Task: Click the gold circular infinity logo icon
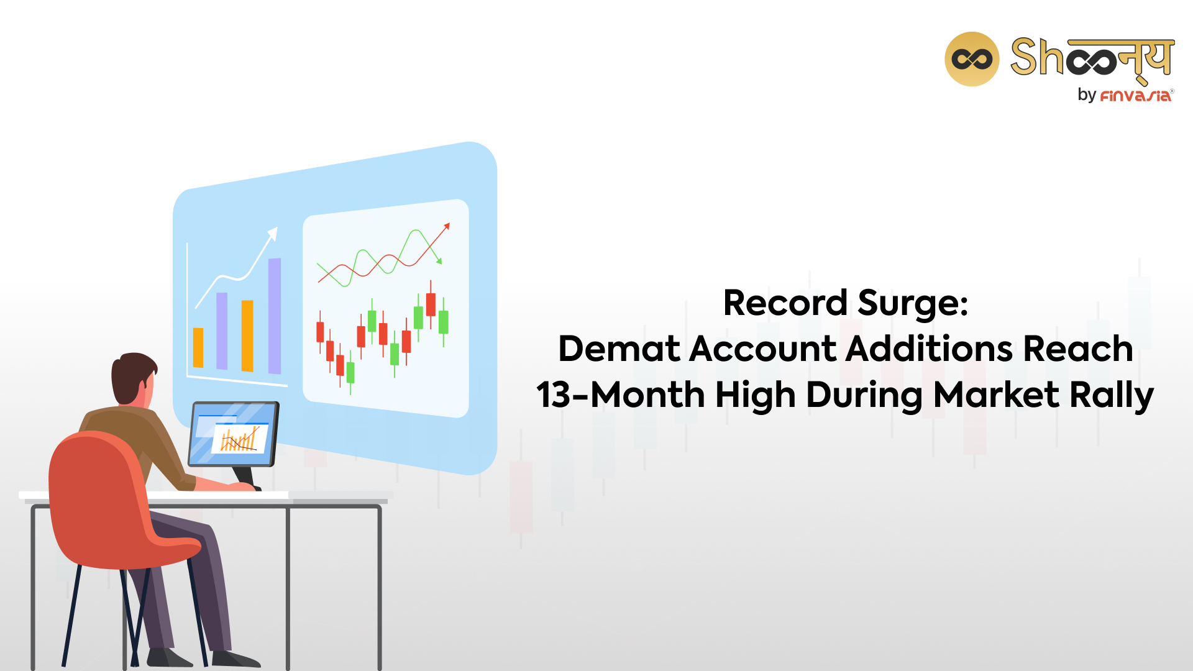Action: pos(972,59)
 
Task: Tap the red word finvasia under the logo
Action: pos(1135,96)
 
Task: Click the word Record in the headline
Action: pos(785,303)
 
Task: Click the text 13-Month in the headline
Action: pos(621,395)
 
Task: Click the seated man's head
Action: pos(133,380)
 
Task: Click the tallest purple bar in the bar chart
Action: pos(275,316)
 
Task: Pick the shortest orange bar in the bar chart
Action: pos(198,347)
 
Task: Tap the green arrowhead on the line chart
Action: pos(439,261)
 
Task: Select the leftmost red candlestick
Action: pos(320,332)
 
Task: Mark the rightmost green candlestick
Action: pos(444,322)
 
